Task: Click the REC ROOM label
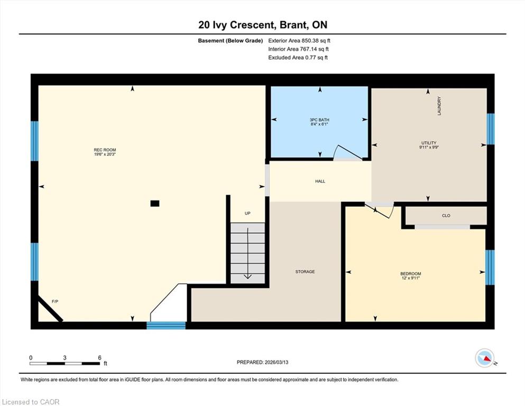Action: coord(105,150)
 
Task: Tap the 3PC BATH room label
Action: coord(319,120)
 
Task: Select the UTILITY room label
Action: coord(429,143)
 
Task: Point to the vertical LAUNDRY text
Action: coord(439,106)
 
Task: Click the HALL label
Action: coord(320,181)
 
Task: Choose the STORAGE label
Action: coord(305,271)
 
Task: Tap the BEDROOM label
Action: coord(411,273)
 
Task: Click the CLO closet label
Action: coord(446,216)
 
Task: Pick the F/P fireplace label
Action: coord(55,301)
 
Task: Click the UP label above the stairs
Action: coord(247,213)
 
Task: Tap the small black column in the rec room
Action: coord(155,203)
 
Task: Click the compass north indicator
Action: coord(485,358)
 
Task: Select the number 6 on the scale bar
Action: coord(99,357)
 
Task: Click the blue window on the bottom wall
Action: coord(166,325)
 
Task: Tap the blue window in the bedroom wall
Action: coord(490,267)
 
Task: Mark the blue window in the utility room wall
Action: coord(491,129)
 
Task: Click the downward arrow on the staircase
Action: coord(248,253)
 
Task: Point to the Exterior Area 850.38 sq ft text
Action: coord(299,41)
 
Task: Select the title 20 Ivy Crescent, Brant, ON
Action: coord(263,25)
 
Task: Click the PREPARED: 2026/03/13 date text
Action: coord(262,362)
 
